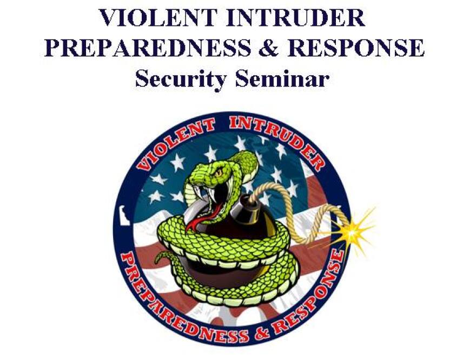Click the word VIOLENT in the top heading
click(157, 18)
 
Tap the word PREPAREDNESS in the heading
click(148, 48)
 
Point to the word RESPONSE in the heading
click(355, 48)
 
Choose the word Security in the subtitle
click(180, 79)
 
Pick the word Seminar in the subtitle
click(282, 78)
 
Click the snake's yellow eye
click(219, 172)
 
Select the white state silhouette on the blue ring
click(124, 215)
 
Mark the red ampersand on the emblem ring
click(262, 332)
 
